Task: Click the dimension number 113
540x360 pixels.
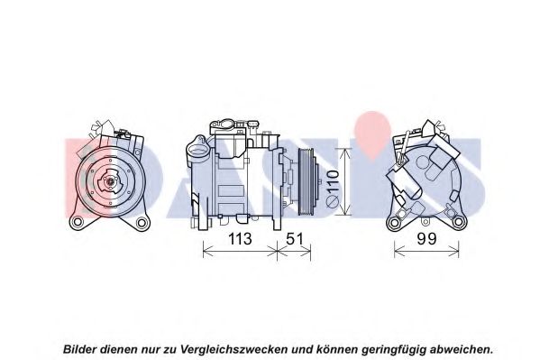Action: click(x=240, y=238)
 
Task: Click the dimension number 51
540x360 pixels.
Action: click(x=295, y=238)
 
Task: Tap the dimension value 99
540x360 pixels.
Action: click(x=426, y=238)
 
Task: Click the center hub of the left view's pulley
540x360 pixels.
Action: click(x=110, y=181)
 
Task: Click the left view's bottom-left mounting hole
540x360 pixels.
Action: click(x=77, y=222)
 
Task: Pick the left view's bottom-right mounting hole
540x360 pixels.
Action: click(x=142, y=223)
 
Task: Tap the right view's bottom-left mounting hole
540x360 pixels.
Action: click(x=393, y=223)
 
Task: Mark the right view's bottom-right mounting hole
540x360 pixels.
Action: click(x=458, y=222)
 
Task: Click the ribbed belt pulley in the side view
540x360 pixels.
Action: click(x=307, y=182)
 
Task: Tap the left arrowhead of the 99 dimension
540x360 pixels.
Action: click(x=398, y=252)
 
